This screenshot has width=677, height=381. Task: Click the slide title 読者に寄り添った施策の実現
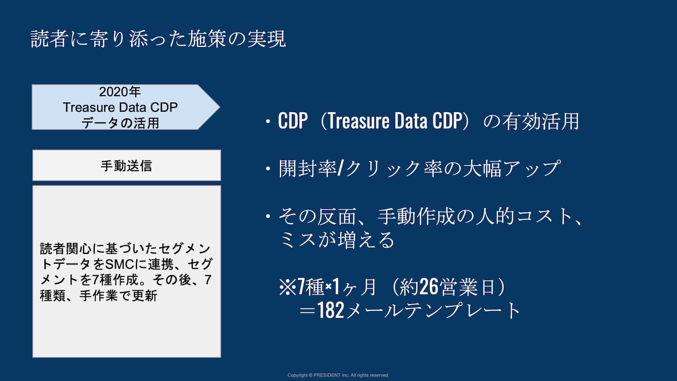(158, 39)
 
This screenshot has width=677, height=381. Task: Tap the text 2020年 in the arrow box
(120, 92)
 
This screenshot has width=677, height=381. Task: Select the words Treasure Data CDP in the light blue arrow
(120, 108)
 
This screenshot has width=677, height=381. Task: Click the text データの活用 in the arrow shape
(120, 123)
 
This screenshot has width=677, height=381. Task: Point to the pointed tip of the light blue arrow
(220, 107)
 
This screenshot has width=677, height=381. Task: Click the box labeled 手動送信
(127, 166)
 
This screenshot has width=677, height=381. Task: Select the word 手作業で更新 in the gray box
(118, 295)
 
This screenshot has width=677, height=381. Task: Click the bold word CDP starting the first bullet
(292, 121)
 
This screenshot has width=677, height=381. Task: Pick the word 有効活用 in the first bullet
(540, 121)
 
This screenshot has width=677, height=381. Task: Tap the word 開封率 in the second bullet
(307, 169)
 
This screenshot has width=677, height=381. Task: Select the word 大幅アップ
(512, 169)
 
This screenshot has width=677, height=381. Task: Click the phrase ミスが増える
(336, 240)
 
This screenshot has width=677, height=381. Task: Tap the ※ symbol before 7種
(287, 287)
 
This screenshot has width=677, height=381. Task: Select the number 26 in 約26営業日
(429, 287)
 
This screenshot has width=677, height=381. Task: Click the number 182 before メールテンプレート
(331, 310)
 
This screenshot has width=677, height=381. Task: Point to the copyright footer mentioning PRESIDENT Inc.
(338, 375)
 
